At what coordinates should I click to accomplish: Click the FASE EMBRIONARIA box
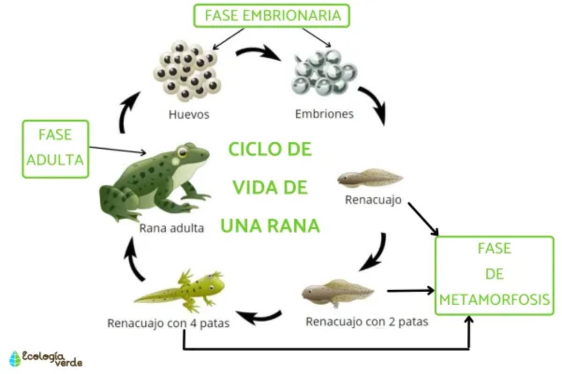(272, 15)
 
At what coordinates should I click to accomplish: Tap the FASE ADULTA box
(55, 148)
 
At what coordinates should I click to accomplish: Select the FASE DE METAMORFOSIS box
(495, 275)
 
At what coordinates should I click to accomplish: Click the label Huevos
(189, 114)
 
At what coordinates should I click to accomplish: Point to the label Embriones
(324, 114)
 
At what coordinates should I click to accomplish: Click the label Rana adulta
(171, 229)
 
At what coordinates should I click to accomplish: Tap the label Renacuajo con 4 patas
(168, 323)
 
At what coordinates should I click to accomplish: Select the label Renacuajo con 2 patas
(367, 322)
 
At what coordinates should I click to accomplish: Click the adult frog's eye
(182, 152)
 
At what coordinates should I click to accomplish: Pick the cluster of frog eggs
(187, 71)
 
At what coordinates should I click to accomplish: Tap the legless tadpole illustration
(370, 177)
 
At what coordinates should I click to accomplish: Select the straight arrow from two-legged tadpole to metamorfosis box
(410, 291)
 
